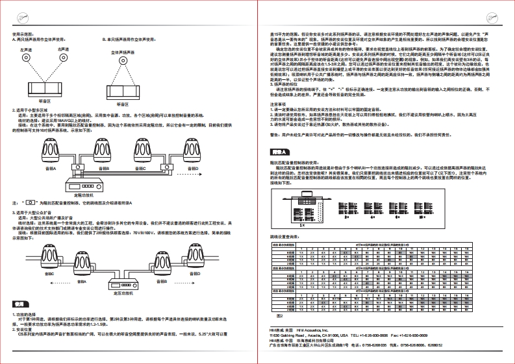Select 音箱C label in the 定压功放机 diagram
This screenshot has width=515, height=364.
tap(48, 273)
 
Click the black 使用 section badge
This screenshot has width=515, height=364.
tap(20, 304)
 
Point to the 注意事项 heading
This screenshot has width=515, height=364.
tap(278, 103)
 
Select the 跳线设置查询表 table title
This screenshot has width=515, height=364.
tap(284, 238)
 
